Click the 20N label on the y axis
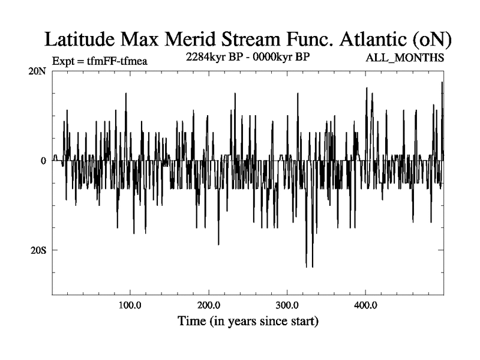tap(40, 71)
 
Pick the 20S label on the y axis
tap(40, 250)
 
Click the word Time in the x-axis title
tap(191, 321)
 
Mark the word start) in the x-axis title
tap(302, 322)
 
